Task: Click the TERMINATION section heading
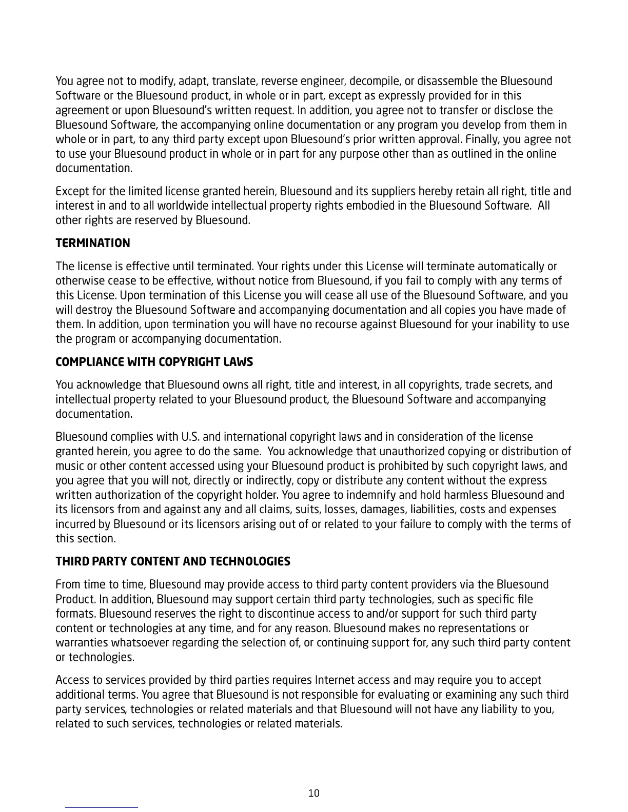point(93,243)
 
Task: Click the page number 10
point(313,793)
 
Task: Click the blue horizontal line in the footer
point(102,807)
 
